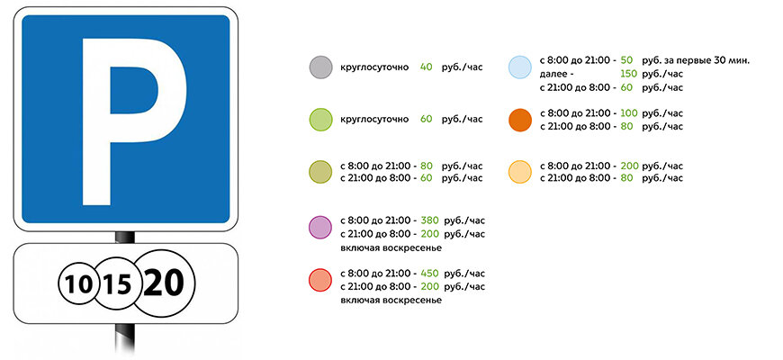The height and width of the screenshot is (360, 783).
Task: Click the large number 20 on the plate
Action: coord(163,283)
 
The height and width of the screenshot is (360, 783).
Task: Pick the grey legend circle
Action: coord(320,67)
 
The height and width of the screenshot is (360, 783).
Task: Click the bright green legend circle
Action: coord(320,120)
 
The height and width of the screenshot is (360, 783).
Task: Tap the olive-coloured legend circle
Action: coord(320,172)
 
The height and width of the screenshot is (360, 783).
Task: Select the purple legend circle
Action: coord(320,227)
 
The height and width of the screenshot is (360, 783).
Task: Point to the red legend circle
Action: coord(320,280)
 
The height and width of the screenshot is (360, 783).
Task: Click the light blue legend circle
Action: coord(520,67)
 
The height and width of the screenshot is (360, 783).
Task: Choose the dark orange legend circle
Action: coord(520,120)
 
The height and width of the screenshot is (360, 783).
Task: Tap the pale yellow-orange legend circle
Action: coord(520,172)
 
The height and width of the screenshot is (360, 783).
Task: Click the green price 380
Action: coord(429,220)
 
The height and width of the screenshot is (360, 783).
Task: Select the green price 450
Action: coord(429,274)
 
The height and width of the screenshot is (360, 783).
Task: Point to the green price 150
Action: coord(629,74)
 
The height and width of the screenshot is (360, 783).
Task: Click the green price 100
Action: coord(629,113)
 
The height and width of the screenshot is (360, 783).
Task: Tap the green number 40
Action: coord(426,67)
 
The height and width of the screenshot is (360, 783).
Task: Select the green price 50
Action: coord(626,60)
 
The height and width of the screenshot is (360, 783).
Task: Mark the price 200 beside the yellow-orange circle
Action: coord(629,166)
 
